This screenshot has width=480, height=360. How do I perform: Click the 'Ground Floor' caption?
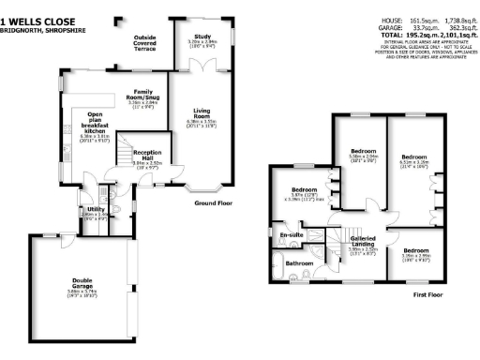point(214,202)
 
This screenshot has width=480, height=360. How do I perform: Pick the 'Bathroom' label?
point(300,263)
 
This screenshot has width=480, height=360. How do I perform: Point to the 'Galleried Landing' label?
point(364,241)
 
